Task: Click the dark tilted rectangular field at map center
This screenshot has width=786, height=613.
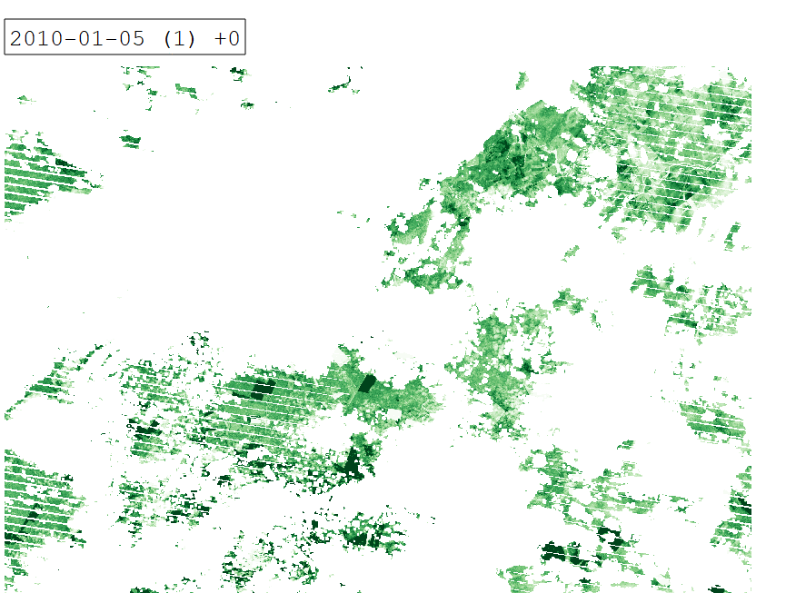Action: pyautogui.click(x=367, y=383)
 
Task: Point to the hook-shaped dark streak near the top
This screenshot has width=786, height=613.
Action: pyautogui.click(x=343, y=86)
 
